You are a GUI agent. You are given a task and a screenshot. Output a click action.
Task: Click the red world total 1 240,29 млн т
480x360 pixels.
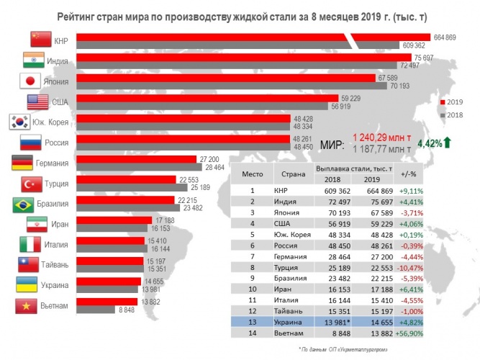click(x=381, y=136)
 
